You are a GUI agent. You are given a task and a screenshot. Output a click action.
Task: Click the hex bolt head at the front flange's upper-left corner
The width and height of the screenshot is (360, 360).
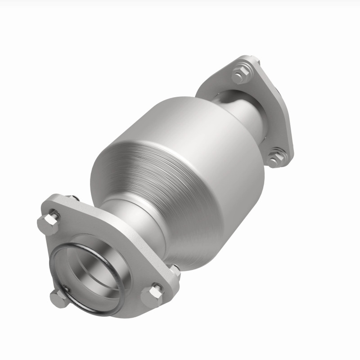pyautogui.click(x=49, y=221)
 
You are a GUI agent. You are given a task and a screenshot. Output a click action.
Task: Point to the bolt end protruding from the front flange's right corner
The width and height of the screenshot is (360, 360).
pyautogui.click(x=175, y=271)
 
